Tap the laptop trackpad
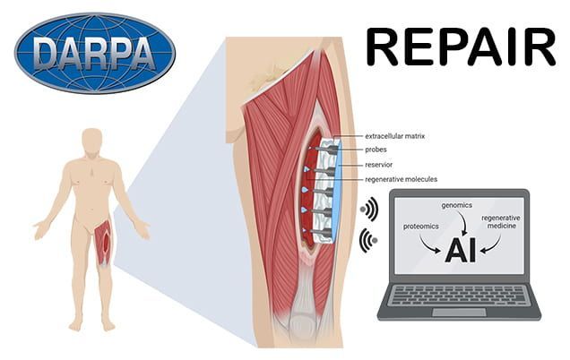click(459, 310)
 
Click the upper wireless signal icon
click(367, 210)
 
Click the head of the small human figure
click(91, 141)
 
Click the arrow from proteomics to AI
click(434, 244)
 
